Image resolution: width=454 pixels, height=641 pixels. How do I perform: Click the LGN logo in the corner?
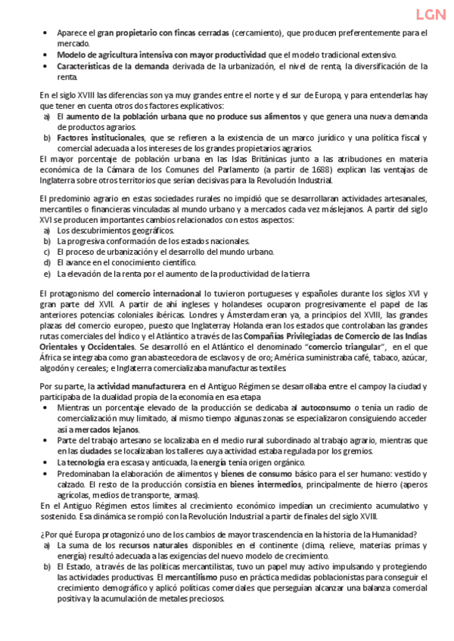point(430,14)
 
